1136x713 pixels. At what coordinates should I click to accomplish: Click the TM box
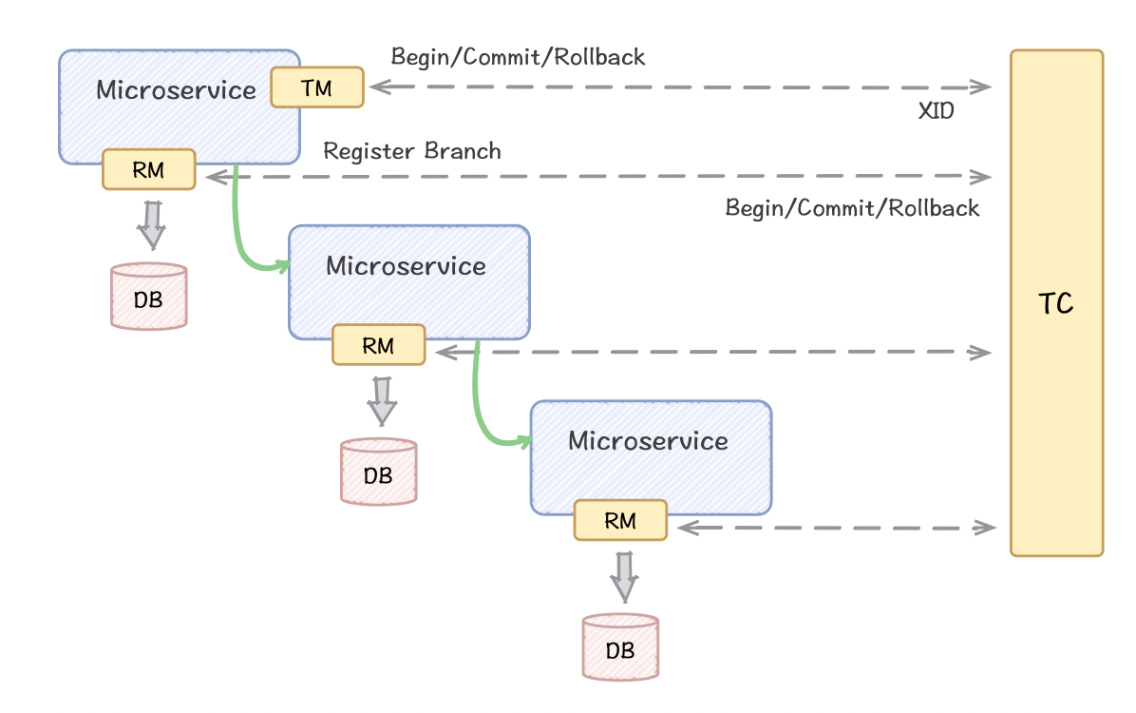pos(317,87)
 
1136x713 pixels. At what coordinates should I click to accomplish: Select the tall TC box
pos(1056,303)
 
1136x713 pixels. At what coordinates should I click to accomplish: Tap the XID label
pos(936,111)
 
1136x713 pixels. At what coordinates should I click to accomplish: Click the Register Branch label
pos(411,151)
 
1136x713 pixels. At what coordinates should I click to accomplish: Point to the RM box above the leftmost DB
pos(149,170)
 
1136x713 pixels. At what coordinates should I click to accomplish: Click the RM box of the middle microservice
pos(379,345)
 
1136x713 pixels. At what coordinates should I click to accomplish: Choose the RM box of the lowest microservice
pos(621,520)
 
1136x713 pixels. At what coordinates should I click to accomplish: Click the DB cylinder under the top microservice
pos(149,297)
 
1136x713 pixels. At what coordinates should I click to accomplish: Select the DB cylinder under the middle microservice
pos(379,472)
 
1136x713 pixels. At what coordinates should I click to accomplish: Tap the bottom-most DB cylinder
pos(621,647)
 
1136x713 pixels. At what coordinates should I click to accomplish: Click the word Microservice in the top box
pos(176,90)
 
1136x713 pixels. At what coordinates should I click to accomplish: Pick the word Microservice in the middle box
pos(406,265)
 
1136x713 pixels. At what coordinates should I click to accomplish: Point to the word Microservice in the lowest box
pos(648,440)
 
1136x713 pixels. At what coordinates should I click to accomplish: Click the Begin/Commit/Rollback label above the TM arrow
pos(518,57)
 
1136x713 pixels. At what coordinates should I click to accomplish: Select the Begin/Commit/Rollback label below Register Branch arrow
pos(852,208)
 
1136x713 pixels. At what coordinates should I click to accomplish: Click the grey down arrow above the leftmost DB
pos(151,225)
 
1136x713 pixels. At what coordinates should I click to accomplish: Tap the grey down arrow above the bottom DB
pos(624,577)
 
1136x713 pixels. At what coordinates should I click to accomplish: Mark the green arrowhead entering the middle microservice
pos(281,266)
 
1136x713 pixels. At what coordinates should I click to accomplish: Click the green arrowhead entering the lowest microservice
pos(523,441)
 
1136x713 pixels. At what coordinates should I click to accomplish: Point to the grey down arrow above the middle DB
pos(382,401)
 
